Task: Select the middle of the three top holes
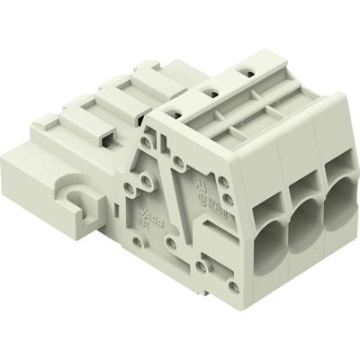[x=210, y=90]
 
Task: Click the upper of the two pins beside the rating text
[x=181, y=167]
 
